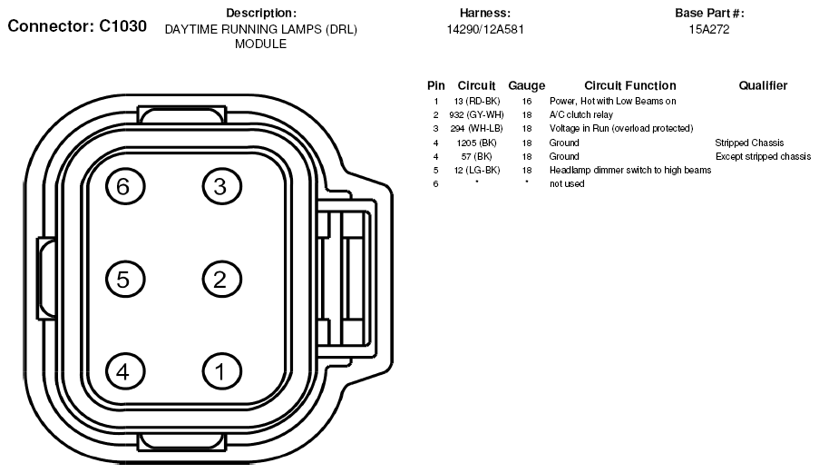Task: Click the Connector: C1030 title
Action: click(77, 26)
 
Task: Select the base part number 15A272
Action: click(708, 29)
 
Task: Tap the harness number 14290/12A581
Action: click(484, 29)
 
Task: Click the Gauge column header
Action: click(526, 85)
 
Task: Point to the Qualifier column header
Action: click(763, 85)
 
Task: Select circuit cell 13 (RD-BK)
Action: click(477, 101)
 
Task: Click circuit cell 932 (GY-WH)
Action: click(476, 114)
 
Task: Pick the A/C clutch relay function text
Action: click(580, 114)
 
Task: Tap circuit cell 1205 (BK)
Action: click(476, 143)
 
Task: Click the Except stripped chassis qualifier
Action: click(763, 156)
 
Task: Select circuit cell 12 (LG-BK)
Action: click(477, 170)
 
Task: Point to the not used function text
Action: click(567, 183)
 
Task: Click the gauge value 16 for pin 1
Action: click(526, 101)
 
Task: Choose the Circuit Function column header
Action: click(630, 85)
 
